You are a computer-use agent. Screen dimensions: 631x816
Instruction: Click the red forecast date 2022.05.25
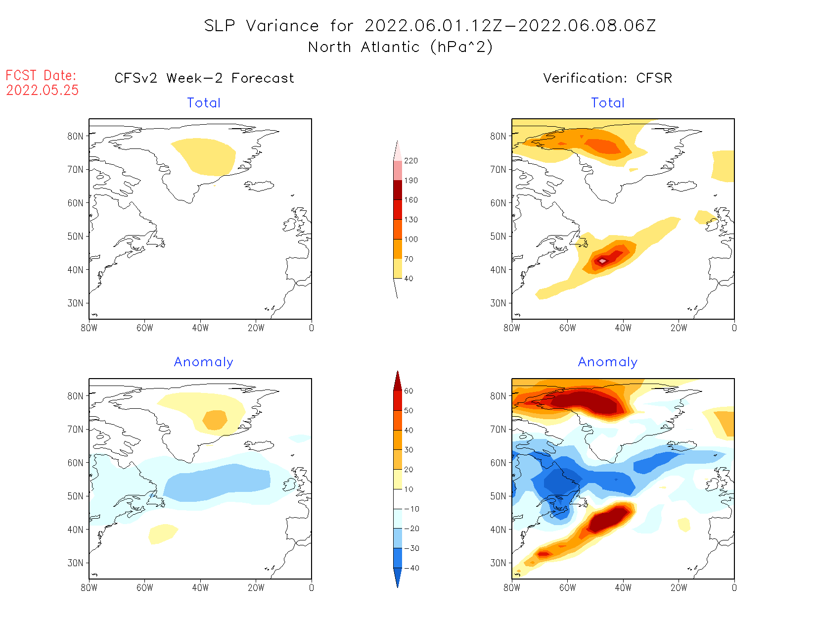(x=43, y=91)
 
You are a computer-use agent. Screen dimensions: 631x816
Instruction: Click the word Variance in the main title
(x=282, y=26)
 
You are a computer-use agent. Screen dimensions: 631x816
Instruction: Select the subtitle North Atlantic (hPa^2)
(x=400, y=47)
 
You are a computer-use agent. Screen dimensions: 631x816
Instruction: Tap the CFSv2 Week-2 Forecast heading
(x=204, y=78)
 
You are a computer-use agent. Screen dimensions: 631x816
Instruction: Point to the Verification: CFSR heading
(x=607, y=78)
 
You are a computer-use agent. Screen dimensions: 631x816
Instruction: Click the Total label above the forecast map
(x=204, y=103)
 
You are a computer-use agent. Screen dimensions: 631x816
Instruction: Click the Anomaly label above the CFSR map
(x=607, y=362)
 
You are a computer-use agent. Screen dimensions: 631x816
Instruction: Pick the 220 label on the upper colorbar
(x=410, y=161)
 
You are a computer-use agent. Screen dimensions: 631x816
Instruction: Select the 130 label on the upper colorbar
(x=410, y=220)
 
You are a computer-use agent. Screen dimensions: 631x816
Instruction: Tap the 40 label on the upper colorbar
(x=408, y=279)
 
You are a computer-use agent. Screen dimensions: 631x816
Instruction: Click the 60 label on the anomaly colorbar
(x=408, y=391)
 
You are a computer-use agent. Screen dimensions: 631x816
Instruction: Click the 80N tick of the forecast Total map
(x=75, y=136)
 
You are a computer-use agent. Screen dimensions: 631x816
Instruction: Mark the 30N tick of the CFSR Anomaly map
(x=498, y=563)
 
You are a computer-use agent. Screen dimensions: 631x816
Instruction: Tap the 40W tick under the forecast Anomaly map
(x=200, y=588)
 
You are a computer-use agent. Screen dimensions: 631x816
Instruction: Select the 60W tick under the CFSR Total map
(x=567, y=328)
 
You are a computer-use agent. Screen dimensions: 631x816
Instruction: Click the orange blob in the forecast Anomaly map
(x=215, y=420)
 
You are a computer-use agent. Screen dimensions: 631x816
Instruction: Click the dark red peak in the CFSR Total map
(x=602, y=260)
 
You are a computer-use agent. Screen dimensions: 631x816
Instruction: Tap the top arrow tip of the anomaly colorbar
(x=398, y=371)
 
